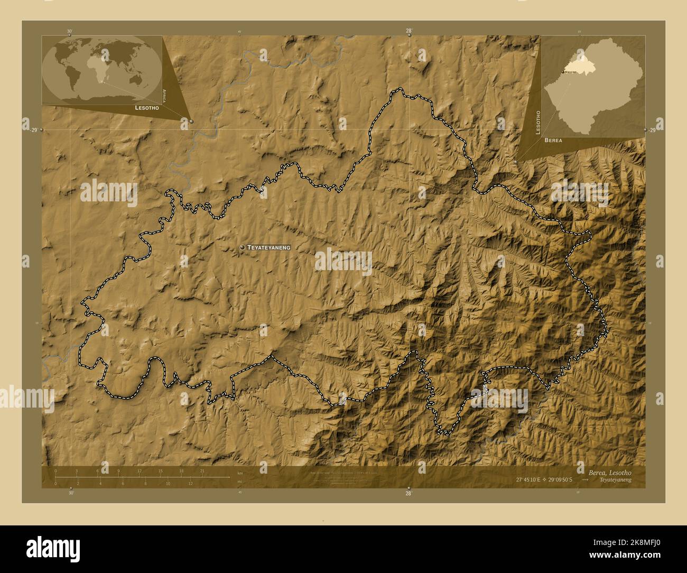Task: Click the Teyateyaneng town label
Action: tap(269, 247)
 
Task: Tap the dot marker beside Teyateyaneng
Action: tap(242, 247)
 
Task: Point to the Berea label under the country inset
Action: tap(553, 141)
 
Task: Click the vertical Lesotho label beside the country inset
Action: tap(538, 122)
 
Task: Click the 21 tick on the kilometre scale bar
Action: tap(201, 471)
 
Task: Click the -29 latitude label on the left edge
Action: tap(32, 130)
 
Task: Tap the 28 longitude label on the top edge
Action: tap(409, 31)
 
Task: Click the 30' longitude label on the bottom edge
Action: tap(71, 493)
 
